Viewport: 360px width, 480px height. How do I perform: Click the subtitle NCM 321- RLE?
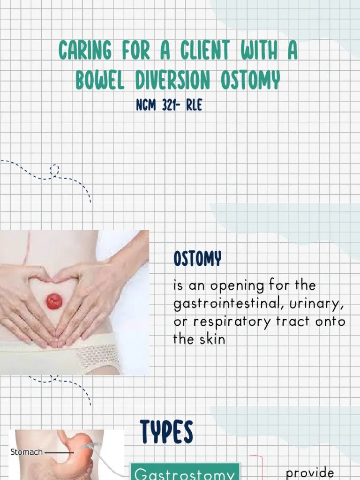pos(169,105)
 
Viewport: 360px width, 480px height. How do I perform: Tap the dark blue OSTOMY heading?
pos(197,258)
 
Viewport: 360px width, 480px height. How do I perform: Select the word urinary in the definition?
pos(317,305)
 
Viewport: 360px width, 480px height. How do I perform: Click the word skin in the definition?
pos(212,339)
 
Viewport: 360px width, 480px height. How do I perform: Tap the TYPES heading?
pos(166,432)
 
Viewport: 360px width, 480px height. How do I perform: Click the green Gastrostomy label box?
pos(184,473)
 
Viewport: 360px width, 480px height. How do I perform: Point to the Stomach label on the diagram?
pos(26,452)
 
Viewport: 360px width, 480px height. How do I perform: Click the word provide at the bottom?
pos(310,473)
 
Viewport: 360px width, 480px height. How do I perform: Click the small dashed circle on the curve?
pos(55,170)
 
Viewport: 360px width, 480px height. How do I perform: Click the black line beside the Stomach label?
pos(59,453)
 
